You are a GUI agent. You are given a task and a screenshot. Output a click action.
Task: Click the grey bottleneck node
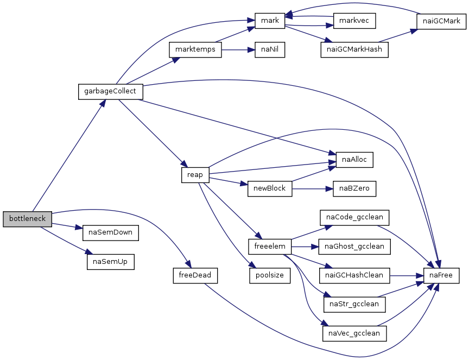click(27, 219)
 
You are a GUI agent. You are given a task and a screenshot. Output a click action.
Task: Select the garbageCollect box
click(111, 92)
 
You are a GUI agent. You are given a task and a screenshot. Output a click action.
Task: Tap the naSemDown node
click(111, 233)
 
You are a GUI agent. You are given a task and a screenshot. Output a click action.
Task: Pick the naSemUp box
click(111, 262)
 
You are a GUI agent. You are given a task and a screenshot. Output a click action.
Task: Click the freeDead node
click(195, 276)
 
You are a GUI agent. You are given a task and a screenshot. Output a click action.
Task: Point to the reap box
click(195, 175)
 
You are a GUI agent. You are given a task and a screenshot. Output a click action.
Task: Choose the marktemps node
click(195, 49)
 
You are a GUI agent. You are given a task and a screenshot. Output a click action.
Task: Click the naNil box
click(270, 49)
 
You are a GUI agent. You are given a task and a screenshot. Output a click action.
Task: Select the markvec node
click(354, 21)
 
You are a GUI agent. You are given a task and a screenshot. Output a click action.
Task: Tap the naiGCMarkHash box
click(354, 49)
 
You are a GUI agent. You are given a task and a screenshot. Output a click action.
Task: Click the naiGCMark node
click(441, 22)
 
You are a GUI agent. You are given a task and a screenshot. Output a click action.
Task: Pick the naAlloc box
click(354, 160)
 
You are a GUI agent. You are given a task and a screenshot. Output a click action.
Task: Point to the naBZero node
click(354, 189)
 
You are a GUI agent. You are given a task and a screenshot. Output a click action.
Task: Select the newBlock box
click(270, 189)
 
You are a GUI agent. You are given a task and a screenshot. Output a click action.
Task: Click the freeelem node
click(270, 247)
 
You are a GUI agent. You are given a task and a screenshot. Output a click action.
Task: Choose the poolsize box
click(270, 276)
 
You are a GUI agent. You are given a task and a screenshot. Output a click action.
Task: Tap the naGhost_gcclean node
click(354, 247)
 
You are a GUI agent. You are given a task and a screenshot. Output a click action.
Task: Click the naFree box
click(441, 276)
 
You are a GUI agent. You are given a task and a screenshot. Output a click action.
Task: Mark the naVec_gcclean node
click(354, 334)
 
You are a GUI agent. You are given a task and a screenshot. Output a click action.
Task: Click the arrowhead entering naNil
click(251, 49)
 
